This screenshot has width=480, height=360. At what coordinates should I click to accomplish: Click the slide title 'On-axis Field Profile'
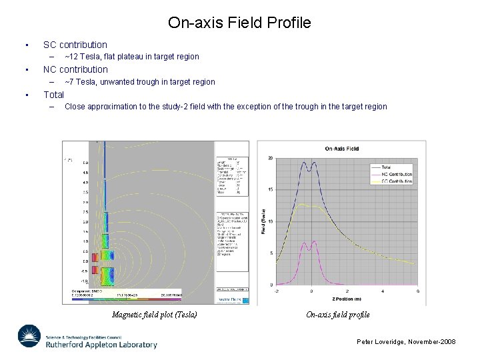[x=239, y=23]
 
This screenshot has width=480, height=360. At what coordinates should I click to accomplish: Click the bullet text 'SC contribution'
[x=75, y=45]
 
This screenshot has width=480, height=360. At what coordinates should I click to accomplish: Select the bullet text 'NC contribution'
[x=75, y=69]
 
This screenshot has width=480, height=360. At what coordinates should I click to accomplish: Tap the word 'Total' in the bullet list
[x=53, y=95]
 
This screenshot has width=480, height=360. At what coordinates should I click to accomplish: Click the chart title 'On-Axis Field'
[x=341, y=149]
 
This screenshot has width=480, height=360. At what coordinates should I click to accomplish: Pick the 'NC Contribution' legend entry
[x=397, y=174]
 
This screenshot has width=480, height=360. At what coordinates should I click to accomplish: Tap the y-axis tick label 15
[x=269, y=190]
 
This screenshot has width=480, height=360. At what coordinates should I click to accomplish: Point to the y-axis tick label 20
[x=269, y=158]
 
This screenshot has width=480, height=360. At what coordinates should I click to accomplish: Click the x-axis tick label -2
[x=277, y=291]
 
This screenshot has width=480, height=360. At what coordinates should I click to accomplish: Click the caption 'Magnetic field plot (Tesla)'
[x=155, y=315]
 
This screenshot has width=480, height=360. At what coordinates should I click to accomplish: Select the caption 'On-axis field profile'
[x=337, y=315]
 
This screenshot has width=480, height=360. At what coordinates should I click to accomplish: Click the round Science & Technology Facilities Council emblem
[x=29, y=337]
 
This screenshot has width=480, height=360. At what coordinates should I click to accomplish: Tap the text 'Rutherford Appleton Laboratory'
[x=101, y=345]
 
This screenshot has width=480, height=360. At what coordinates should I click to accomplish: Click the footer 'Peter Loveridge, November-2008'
[x=406, y=341]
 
